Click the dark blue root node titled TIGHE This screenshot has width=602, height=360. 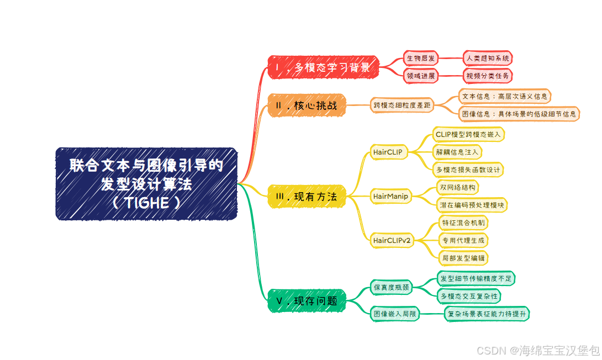(x=146, y=183)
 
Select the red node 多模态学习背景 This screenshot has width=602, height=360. (x=323, y=68)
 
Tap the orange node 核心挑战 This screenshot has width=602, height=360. (x=307, y=105)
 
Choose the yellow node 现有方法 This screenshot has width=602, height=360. (x=307, y=196)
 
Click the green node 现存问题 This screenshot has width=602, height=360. (x=307, y=301)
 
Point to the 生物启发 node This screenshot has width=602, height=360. (x=421, y=58)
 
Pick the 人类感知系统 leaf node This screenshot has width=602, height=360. (x=489, y=58)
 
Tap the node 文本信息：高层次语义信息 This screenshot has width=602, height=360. (x=505, y=96)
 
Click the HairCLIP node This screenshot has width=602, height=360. (x=388, y=152)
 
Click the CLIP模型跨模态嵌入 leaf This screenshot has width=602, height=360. (x=468, y=134)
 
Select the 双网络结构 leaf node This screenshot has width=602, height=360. (x=457, y=187)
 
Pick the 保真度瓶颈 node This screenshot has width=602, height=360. (x=392, y=287)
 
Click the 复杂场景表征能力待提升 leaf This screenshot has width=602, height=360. (x=487, y=314)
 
